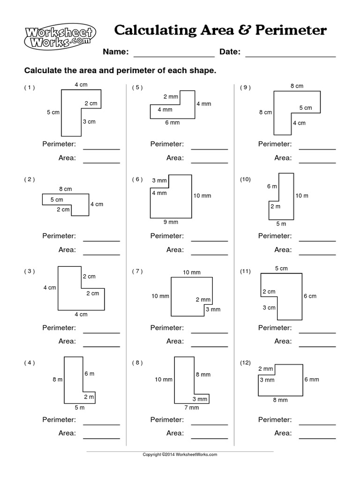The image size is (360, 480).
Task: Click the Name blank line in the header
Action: pyautogui.click(x=174, y=56)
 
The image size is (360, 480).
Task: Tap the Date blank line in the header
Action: pyautogui.click(x=291, y=56)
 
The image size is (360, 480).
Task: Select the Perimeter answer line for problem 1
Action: pyautogui.click(x=102, y=149)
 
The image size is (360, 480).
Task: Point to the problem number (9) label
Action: pyautogui.click(x=246, y=87)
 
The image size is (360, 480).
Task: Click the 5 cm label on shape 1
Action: pyautogui.click(x=53, y=112)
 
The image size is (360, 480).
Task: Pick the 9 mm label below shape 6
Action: pyautogui.click(x=171, y=222)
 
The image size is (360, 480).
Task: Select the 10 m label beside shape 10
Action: pyautogui.click(x=302, y=195)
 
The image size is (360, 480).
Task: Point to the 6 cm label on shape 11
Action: pyautogui.click(x=310, y=296)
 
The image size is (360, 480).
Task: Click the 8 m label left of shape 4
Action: pyautogui.click(x=57, y=379)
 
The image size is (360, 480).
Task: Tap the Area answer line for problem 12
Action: pyautogui.click(x=318, y=438)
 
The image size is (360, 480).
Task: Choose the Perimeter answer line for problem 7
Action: pyautogui.click(x=210, y=332)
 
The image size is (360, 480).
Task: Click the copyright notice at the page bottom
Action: pyautogui.click(x=180, y=455)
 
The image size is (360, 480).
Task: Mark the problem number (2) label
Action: pyautogui.click(x=30, y=179)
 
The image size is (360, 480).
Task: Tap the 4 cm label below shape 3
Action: pyautogui.click(x=81, y=314)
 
